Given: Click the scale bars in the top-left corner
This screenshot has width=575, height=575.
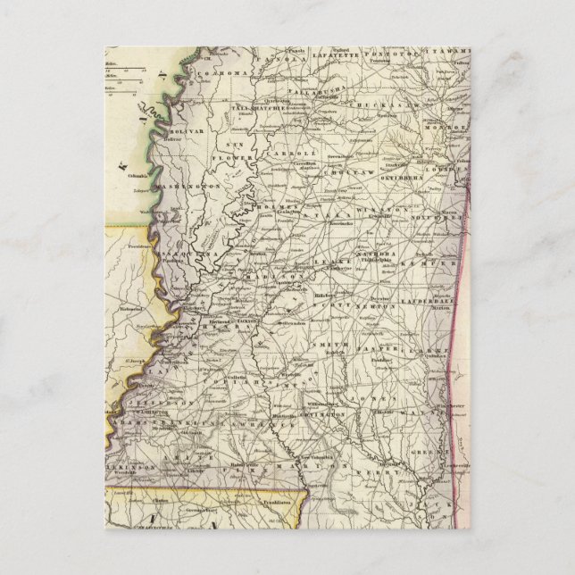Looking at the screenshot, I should pyautogui.click(x=117, y=74).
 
